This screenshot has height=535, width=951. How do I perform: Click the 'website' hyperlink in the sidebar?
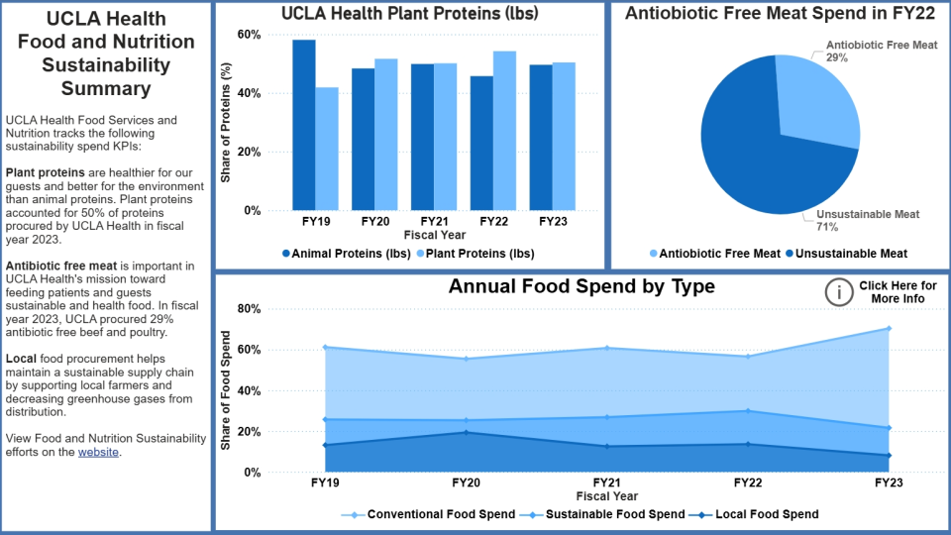click(99, 452)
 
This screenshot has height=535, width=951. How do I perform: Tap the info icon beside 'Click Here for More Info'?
click(839, 291)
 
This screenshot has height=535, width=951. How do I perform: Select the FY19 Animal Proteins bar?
click(304, 125)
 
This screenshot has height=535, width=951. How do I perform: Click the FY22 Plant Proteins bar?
click(504, 131)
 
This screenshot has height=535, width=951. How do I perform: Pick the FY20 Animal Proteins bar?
click(363, 139)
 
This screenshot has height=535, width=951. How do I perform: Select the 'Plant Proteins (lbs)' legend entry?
click(475, 254)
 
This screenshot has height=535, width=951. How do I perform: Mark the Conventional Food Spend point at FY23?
click(889, 328)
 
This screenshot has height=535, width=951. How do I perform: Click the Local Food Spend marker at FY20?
click(467, 432)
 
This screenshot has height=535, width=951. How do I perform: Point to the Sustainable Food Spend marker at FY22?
click(748, 410)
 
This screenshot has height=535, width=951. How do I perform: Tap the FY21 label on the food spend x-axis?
click(607, 483)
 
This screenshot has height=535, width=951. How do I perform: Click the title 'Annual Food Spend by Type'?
click(581, 288)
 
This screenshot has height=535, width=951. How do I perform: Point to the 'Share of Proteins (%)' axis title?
click(226, 123)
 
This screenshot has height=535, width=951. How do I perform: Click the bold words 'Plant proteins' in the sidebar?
click(42, 172)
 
